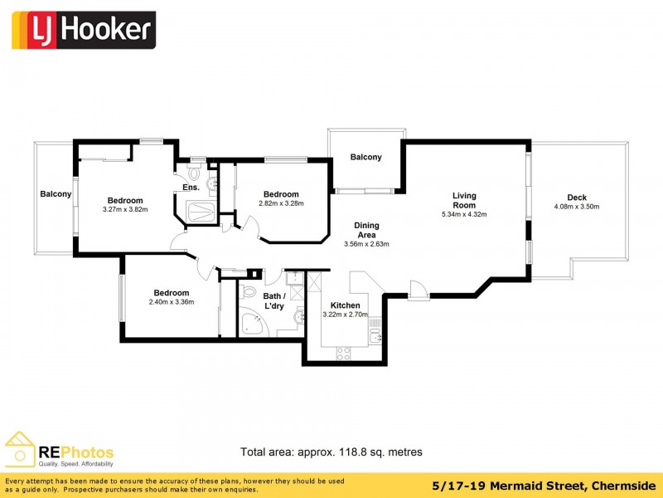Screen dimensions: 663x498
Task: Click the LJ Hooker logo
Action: point(84,30)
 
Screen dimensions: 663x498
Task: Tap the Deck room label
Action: point(577,198)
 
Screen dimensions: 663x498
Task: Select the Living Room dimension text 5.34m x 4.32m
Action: point(464,214)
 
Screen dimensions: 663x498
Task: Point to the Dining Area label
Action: point(366,230)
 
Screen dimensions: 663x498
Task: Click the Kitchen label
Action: point(345,305)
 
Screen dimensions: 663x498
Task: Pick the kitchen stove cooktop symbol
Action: point(343,353)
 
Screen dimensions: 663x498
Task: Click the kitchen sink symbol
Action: point(375,338)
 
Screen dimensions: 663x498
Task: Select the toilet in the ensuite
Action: point(195,173)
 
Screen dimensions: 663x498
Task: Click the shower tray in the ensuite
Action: point(201,212)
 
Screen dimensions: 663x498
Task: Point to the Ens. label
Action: point(191,188)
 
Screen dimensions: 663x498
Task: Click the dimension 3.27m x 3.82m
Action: point(125,209)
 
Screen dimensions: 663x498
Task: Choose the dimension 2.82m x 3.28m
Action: point(281,203)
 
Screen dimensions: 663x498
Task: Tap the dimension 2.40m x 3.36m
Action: point(172,302)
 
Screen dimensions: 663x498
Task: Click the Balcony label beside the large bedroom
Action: point(56,194)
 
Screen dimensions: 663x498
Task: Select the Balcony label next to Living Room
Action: point(365,158)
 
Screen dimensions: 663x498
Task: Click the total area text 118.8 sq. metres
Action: point(380,452)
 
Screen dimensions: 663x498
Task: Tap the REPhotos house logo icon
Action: point(19,449)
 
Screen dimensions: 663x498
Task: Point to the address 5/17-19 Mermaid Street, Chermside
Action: point(544,486)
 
